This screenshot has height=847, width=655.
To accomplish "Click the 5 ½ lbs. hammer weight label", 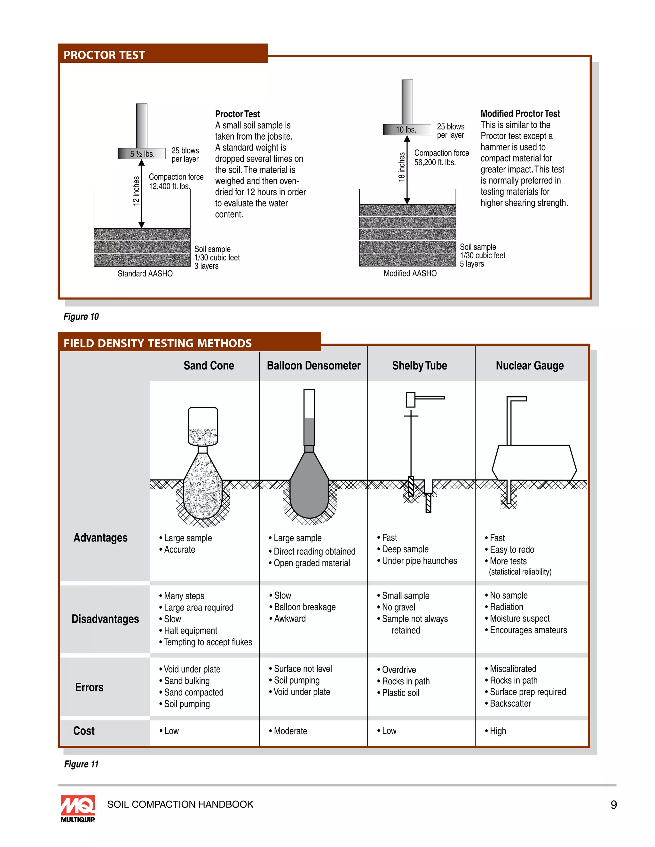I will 142,154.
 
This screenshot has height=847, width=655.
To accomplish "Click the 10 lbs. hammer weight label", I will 406,130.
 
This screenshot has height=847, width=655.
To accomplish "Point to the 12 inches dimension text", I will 136,191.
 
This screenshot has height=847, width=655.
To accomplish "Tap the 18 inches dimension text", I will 402,167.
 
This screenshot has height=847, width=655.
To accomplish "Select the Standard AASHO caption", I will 145,274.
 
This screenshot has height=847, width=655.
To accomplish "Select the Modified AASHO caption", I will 410,273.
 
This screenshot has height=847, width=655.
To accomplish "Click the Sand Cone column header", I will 209,366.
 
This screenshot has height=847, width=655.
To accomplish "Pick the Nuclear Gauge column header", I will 529,366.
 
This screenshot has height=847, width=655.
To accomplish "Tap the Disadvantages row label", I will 105,619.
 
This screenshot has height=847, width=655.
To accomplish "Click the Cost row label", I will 84,731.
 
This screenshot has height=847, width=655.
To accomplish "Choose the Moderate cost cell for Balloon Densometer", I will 290,731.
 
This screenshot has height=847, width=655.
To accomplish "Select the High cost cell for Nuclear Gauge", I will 497,731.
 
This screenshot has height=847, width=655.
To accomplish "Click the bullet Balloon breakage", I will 304,607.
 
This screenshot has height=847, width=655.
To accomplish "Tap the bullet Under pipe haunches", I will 419,561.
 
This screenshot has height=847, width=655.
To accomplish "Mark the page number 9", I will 613,805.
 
